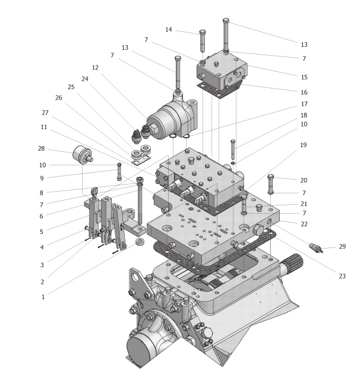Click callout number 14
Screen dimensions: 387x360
point(169,29)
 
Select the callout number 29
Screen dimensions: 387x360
point(343,246)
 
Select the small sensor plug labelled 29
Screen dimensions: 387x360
point(314,248)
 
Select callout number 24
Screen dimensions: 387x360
point(85,78)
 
